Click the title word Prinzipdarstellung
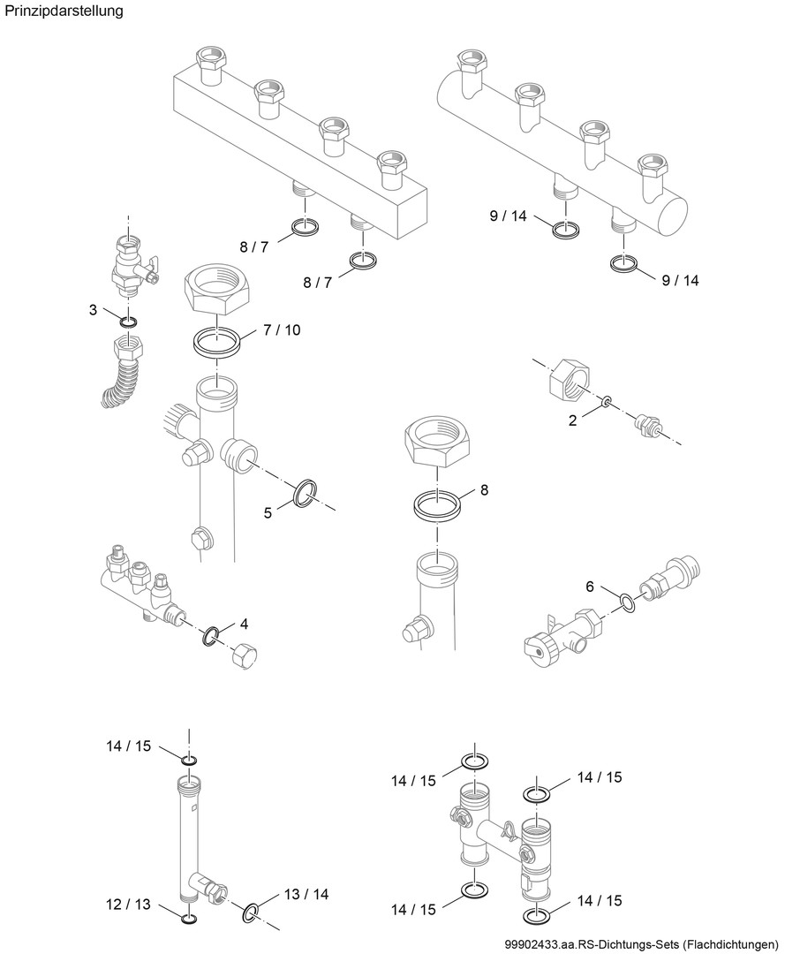tap(64, 11)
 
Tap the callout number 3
tap(93, 309)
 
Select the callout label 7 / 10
tap(281, 330)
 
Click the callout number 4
tap(244, 624)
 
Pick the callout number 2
tap(572, 421)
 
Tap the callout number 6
tap(589, 586)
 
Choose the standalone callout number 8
tap(483, 488)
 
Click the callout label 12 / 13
tap(128, 905)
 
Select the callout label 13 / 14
tap(306, 894)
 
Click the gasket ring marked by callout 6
tap(626, 603)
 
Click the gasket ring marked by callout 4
tap(212, 637)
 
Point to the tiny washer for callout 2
tap(606, 402)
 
